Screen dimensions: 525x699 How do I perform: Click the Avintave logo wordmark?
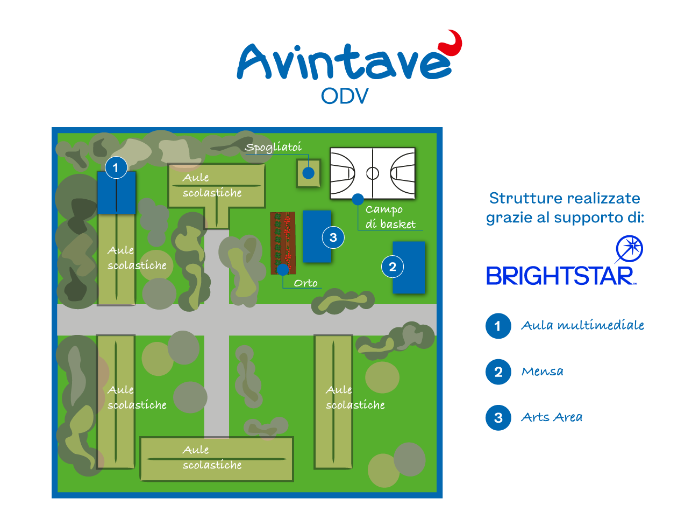344,62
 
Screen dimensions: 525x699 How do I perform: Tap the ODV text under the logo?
345,96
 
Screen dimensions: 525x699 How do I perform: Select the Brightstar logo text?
560,276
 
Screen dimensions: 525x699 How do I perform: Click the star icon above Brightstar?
629,249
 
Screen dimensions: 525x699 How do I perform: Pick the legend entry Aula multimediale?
582,325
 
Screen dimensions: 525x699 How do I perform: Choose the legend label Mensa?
543,372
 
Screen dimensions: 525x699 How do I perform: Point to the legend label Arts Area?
552,417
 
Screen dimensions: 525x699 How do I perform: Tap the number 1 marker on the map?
116,167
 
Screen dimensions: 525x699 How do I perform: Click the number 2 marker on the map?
393,267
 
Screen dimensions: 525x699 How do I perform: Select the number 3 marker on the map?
333,237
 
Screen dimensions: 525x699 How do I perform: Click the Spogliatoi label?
273,147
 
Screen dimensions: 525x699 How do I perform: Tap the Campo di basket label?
390,216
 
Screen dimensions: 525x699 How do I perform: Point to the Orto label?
305,283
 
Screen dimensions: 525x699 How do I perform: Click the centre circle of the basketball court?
373,173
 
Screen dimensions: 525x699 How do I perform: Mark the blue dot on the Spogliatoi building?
308,173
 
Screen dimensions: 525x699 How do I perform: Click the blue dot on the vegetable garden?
283,269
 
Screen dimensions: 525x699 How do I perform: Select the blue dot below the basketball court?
358,199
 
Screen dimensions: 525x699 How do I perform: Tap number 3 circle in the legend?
498,418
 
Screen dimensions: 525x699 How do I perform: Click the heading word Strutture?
513,198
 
